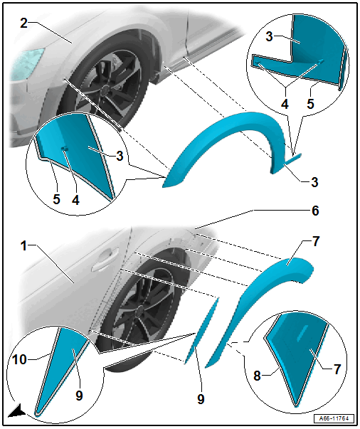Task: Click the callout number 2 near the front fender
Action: click(x=23, y=23)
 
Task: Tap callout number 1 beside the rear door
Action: click(x=23, y=245)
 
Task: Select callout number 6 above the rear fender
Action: click(x=315, y=211)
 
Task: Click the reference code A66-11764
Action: click(x=334, y=418)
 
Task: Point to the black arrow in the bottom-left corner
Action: click(x=17, y=411)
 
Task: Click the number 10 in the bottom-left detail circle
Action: click(x=20, y=359)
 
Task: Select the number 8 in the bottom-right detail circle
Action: click(x=257, y=376)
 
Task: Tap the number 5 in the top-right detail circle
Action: click(x=310, y=104)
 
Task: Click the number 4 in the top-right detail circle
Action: click(x=285, y=104)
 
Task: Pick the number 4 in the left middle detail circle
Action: click(x=76, y=199)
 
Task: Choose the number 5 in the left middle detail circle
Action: click(x=56, y=199)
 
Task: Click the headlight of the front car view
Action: click(x=26, y=63)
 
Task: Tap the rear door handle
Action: click(x=105, y=260)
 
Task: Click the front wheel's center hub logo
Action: click(x=104, y=90)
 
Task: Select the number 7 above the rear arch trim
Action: click(x=316, y=242)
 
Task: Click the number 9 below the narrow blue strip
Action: click(x=201, y=399)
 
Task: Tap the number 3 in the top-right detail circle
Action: click(x=269, y=36)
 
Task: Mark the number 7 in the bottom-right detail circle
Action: click(x=337, y=369)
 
